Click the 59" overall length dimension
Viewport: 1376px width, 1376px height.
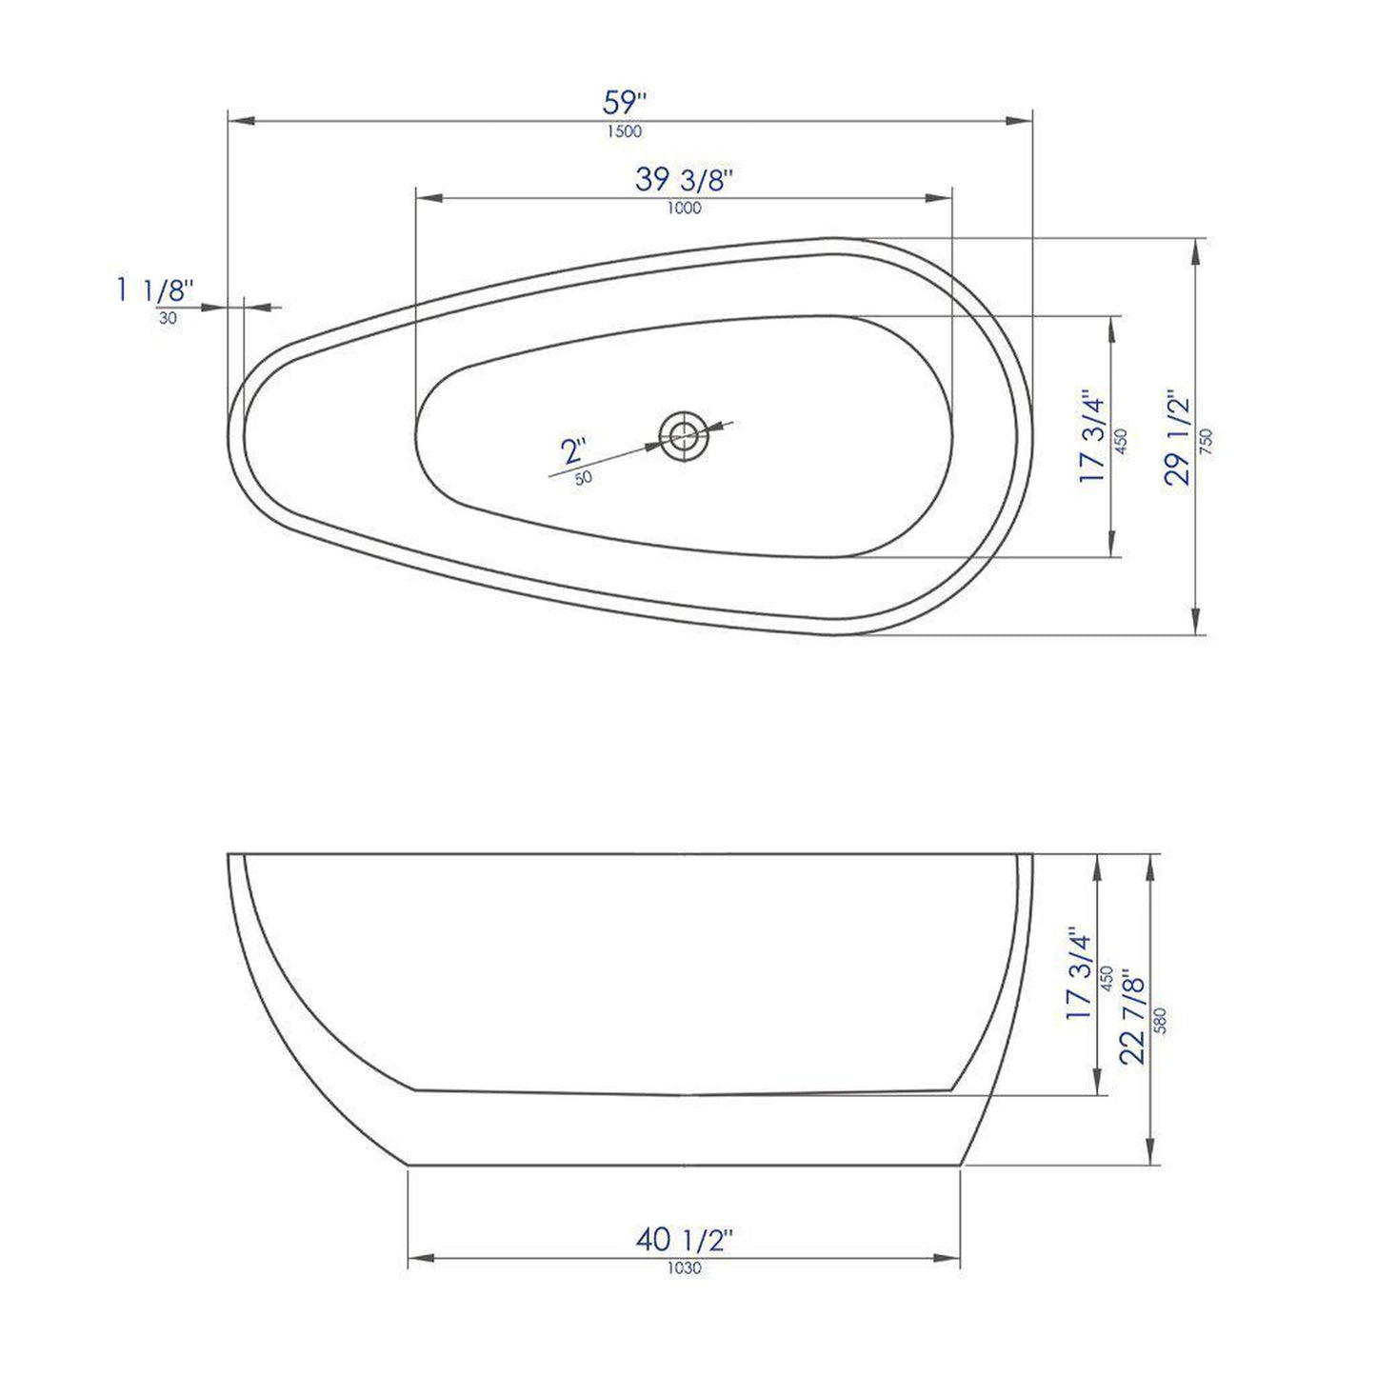pos(626,102)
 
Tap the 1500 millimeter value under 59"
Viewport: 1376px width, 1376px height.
pos(625,132)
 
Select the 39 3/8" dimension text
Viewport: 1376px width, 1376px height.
pos(684,179)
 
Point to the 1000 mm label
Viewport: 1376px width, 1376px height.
pos(684,209)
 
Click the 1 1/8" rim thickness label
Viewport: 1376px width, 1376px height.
pos(155,289)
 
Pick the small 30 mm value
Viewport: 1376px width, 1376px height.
pos(168,319)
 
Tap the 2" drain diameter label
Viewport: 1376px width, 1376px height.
pos(573,449)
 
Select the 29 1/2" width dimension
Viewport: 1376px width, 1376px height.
pos(1179,437)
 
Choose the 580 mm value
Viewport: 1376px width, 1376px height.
pos(1160,1021)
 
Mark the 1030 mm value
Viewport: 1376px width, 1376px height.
pos(684,1268)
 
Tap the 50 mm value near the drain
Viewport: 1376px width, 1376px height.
pos(584,478)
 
